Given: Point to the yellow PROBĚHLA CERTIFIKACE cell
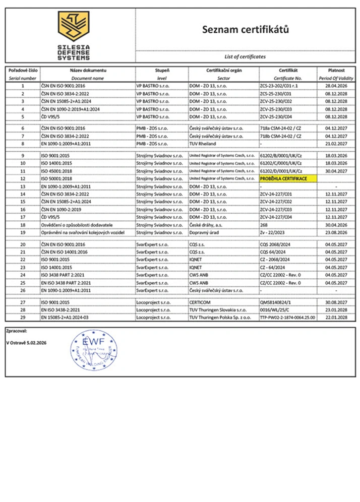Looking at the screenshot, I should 286,179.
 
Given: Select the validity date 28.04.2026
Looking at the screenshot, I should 336,86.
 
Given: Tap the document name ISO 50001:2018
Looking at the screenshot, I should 57,179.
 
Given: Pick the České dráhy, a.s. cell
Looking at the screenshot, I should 206,225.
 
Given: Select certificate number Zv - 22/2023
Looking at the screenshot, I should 273,232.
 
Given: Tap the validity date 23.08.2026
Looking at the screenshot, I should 336,232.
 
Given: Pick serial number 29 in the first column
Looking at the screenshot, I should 22,319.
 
